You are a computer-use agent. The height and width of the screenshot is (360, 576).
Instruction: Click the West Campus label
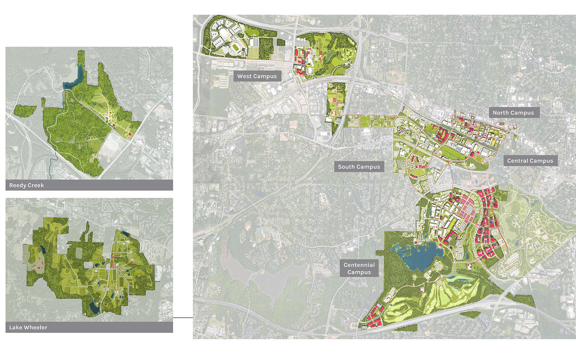257,77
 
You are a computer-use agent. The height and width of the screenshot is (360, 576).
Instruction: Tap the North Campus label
513,113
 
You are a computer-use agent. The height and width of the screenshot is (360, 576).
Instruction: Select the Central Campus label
529,161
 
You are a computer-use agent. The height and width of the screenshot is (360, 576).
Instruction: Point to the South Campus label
359,167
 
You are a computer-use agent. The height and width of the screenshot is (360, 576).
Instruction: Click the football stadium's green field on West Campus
237,48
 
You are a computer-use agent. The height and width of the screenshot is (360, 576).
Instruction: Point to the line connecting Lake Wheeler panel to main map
183,318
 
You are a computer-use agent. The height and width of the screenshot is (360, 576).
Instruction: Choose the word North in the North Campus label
502,113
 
